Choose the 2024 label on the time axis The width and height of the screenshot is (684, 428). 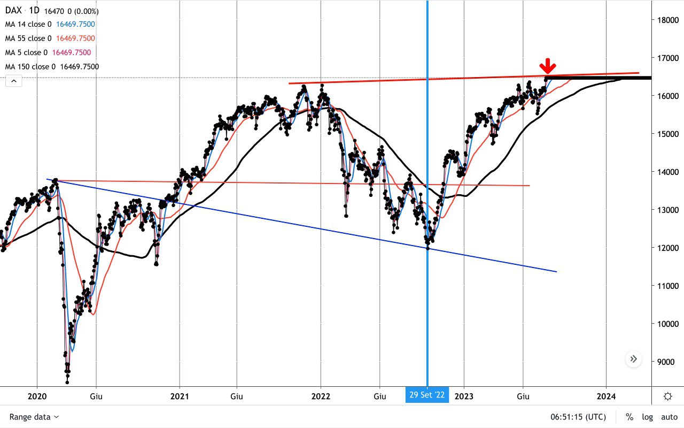click(x=607, y=396)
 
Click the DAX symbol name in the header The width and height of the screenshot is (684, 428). click(x=14, y=11)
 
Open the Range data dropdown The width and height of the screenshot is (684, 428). click(x=34, y=417)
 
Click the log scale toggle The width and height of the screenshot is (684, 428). click(x=647, y=417)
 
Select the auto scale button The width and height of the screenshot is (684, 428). click(x=669, y=417)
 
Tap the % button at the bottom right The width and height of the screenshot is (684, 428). click(x=629, y=417)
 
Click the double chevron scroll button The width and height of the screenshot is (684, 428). click(x=633, y=359)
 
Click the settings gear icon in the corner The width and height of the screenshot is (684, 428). click(x=667, y=396)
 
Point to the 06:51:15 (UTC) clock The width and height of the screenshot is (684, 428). click(x=578, y=417)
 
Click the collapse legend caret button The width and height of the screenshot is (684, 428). click(x=14, y=81)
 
